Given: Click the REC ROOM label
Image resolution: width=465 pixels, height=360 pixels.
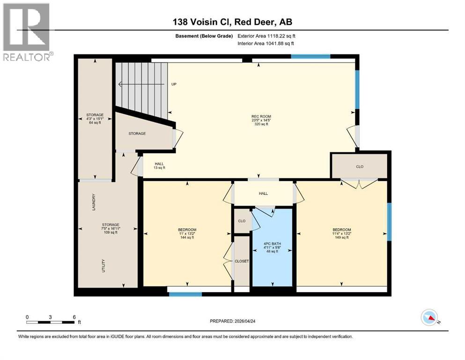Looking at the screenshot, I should (261, 116).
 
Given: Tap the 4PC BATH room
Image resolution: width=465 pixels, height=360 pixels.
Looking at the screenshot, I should (272, 247).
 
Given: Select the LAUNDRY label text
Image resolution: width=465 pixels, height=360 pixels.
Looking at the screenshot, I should (94, 202).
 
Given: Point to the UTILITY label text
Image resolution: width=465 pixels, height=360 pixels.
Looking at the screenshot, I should (103, 266).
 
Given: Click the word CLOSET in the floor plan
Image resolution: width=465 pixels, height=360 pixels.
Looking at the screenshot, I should (242, 261).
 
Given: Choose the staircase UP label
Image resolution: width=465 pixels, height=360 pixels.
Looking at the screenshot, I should (174, 84).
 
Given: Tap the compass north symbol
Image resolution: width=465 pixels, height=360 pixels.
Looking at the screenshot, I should (429, 318).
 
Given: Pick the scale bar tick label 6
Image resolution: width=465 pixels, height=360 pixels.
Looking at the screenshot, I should (74, 316).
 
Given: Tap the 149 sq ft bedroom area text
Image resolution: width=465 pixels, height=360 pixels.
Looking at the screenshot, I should (342, 238).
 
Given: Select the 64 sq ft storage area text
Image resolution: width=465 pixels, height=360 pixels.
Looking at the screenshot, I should (95, 122).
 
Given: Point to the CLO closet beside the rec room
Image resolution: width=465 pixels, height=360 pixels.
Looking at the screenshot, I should (360, 166).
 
